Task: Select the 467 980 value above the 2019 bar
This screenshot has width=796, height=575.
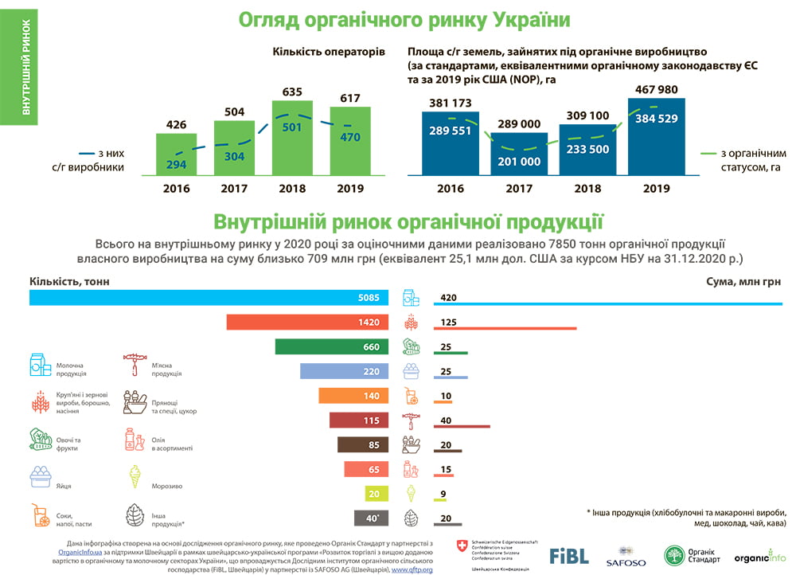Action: pos(657,90)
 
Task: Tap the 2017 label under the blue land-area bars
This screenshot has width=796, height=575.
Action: pos(519,189)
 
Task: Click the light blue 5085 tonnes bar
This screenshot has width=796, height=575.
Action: pos(209,298)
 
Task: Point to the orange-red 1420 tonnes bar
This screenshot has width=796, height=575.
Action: pos(307,323)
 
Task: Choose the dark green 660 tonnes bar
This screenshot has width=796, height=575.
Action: pos(332,346)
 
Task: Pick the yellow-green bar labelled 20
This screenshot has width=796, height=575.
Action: pos(373,493)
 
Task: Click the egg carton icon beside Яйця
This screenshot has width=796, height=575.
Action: pos(40,477)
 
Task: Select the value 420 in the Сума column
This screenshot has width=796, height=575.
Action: pos(447,298)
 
